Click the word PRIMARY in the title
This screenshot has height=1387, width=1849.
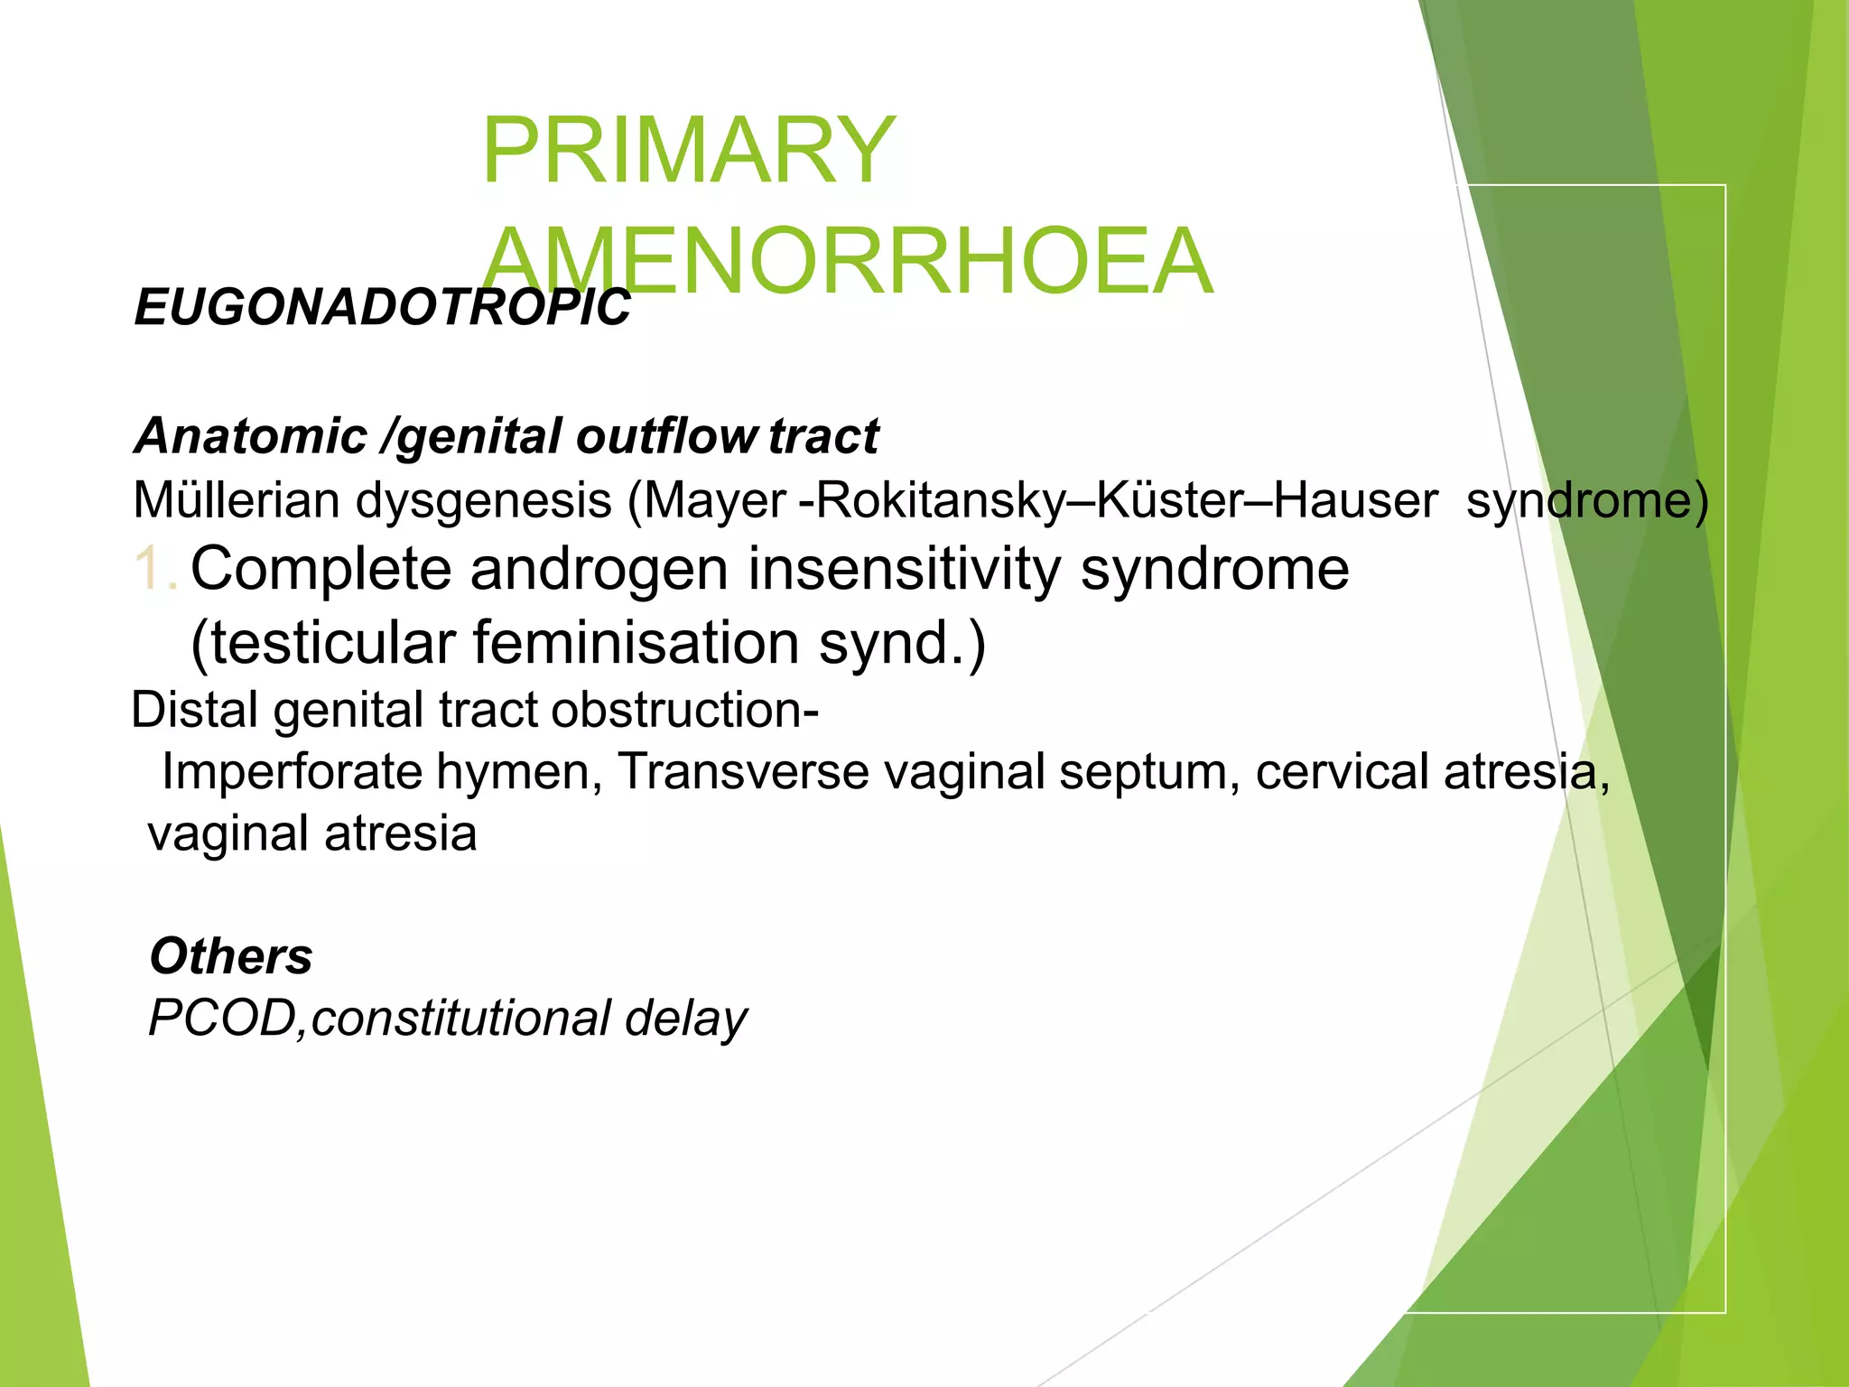click(688, 150)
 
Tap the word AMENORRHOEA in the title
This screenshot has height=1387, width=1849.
click(847, 261)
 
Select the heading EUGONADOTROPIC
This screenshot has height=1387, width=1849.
click(382, 308)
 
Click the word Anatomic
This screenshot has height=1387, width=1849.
click(250, 436)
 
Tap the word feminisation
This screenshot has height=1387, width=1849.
click(636, 643)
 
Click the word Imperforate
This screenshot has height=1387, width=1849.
click(292, 773)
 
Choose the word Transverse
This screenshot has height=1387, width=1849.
click(742, 773)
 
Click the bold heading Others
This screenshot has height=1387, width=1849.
click(231, 956)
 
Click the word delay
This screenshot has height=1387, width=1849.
click(685, 1019)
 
